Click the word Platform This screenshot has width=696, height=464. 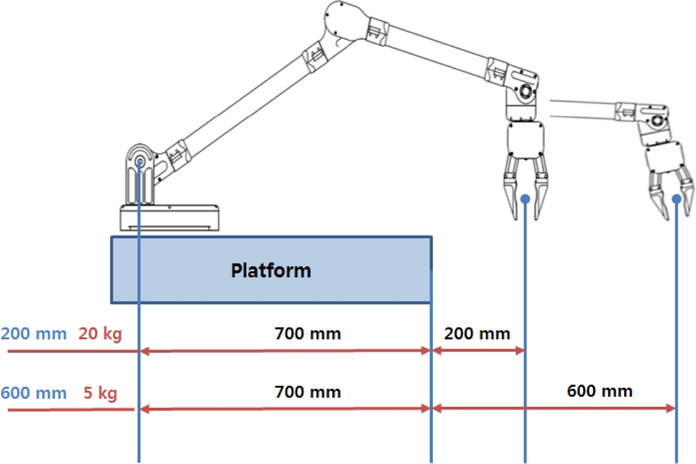tap(271, 270)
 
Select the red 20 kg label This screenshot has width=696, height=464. tap(101, 334)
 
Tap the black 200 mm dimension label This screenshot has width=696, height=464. tap(477, 333)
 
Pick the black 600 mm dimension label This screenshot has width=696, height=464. tap(600, 391)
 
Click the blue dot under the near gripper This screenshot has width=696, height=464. tap(525, 199)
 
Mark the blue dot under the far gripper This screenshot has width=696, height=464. tap(677, 199)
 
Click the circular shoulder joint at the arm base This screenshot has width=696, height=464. tap(140, 160)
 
